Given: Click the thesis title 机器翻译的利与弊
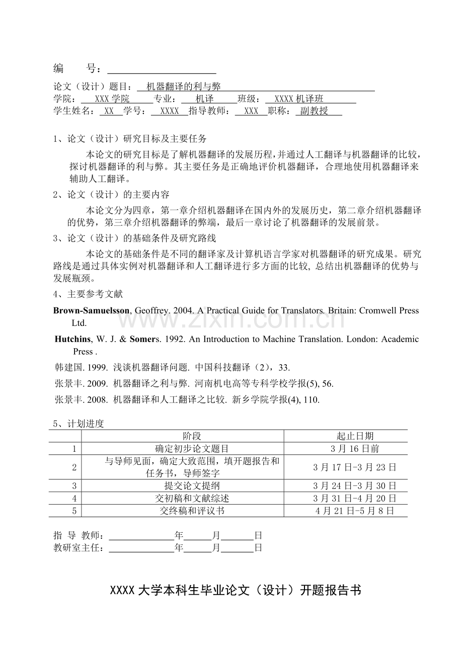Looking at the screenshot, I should coord(183,87).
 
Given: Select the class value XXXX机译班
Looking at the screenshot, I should coord(299,99).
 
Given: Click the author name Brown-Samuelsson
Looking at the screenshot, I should coord(91,311).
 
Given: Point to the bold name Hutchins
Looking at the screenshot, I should coord(73,339).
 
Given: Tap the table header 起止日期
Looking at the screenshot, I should coord(355,436).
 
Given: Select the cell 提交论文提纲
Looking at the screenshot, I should coord(192,485).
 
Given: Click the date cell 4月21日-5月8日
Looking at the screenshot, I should coord(355,511).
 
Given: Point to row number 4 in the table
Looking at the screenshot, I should coord(74,498).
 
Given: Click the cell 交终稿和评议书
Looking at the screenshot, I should coord(192,511).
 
